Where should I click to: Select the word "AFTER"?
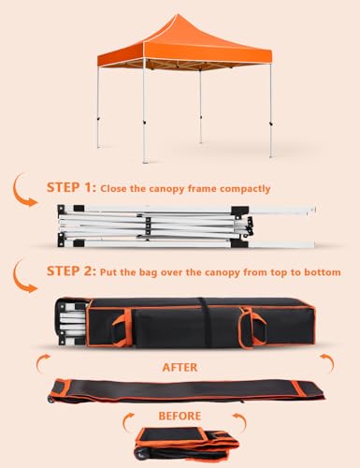pyautogui.click(x=180, y=367)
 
